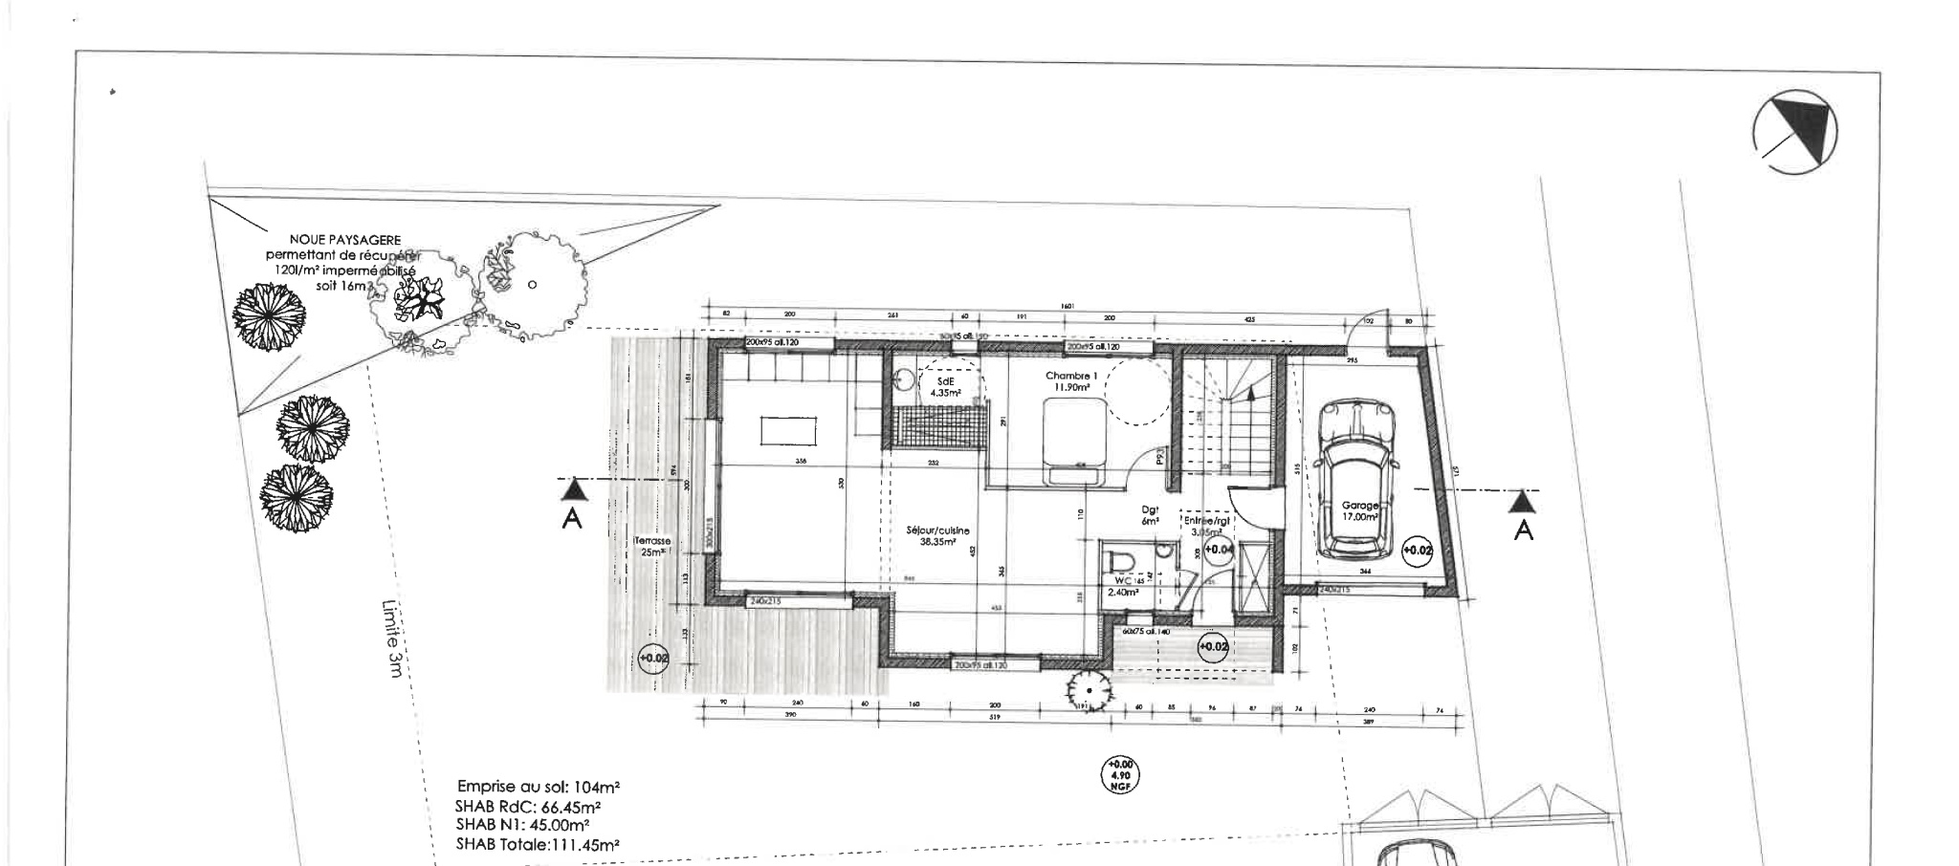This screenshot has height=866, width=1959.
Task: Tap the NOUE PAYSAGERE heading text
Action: pos(345,241)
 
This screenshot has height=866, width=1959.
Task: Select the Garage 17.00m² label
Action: pos(1359,510)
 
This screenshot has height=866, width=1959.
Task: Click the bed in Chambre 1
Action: pos(1076,443)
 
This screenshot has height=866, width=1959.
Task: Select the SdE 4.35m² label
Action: pos(944,386)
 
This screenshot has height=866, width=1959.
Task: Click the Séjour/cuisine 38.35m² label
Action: pos(937,535)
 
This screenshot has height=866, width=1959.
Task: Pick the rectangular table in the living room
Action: pos(788,430)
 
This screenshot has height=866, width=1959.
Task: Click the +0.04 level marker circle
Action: pos(1218,550)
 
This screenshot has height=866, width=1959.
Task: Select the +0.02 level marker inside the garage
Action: pos(1417,551)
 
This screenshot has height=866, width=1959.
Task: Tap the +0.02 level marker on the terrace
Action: pos(653,659)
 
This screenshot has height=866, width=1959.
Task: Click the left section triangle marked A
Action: pos(572,491)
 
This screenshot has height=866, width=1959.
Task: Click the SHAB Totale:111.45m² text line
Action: pos(537,845)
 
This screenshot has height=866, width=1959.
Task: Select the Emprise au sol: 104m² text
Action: pos(538,788)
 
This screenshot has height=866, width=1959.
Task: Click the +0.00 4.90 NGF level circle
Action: pos(1120,775)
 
